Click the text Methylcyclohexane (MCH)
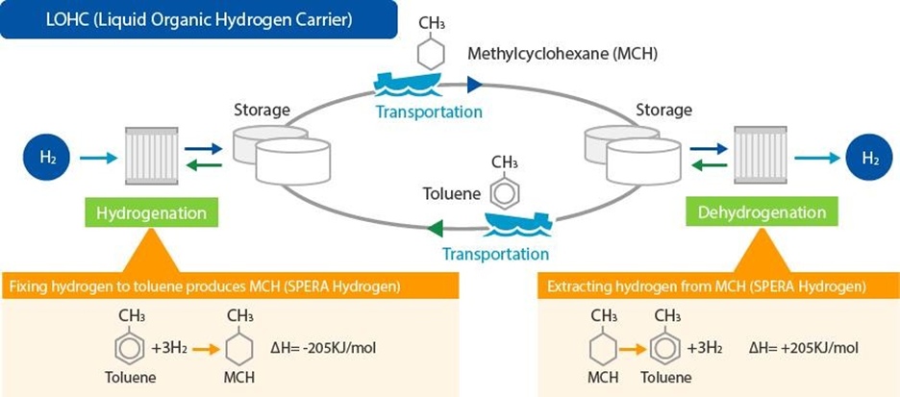[x=562, y=54]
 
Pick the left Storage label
[x=262, y=111]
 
